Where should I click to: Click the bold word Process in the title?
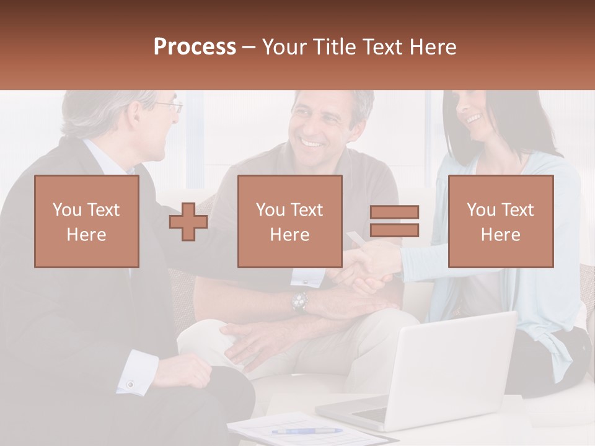click(x=195, y=47)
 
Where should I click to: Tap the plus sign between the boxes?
click(x=188, y=221)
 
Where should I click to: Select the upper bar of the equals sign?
click(x=394, y=212)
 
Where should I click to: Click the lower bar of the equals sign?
click(x=394, y=230)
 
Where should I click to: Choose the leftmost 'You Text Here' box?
click(x=86, y=221)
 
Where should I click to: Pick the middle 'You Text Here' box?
click(x=289, y=221)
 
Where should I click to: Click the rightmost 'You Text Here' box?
click(x=500, y=221)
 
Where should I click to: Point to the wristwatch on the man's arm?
click(x=300, y=302)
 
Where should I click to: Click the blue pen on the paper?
click(x=306, y=431)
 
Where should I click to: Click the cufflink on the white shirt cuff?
click(x=131, y=385)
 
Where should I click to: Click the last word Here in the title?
click(x=433, y=47)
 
